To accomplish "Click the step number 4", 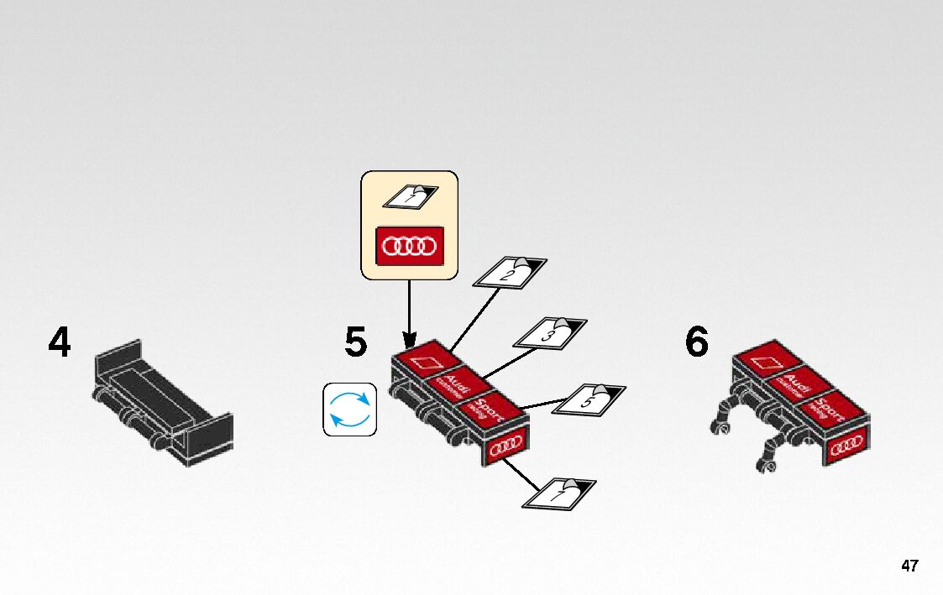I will [60, 343].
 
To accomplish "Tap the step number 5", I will [355, 343].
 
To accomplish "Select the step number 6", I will [697, 343].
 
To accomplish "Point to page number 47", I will [909, 566].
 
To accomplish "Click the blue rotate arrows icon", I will [349, 410].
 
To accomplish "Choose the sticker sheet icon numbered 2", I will [511, 273].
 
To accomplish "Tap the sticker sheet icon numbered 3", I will [551, 333].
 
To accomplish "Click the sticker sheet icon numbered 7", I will [559, 493].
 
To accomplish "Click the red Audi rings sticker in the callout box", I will [409, 246].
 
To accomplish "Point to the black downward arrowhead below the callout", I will [409, 340].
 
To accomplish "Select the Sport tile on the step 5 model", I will [487, 410].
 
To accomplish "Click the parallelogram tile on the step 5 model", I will [427, 362].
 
